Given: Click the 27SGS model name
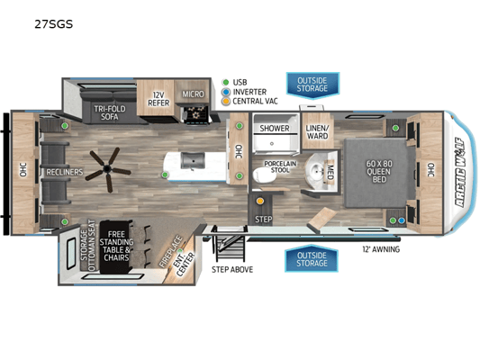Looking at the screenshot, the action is pyautogui.click(x=53, y=24).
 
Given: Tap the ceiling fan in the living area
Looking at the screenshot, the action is pyautogui.click(x=108, y=169).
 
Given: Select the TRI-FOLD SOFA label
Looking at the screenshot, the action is pyautogui.click(x=110, y=112).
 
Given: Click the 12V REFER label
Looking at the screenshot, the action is pyautogui.click(x=158, y=99).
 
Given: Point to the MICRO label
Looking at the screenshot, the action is pyautogui.click(x=193, y=94).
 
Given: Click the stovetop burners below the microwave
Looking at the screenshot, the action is pyautogui.click(x=196, y=113).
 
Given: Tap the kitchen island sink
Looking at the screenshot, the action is pyautogui.click(x=193, y=161).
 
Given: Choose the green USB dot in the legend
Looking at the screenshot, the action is pyautogui.click(x=226, y=82).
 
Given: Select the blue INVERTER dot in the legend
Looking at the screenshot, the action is pyautogui.click(x=226, y=92).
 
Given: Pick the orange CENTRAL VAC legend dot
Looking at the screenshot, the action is pyautogui.click(x=226, y=101).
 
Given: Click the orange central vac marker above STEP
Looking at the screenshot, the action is pyautogui.click(x=260, y=201).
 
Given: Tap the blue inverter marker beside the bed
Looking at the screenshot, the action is pyautogui.click(x=402, y=220).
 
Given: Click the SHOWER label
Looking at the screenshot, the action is pyautogui.click(x=275, y=128).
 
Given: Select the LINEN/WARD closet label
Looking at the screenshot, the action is pyautogui.click(x=317, y=131).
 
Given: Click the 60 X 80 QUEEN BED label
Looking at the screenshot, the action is pyautogui.click(x=379, y=171).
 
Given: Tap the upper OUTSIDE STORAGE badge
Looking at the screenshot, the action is pyautogui.click(x=312, y=85).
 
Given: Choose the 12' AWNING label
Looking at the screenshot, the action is pyautogui.click(x=381, y=249).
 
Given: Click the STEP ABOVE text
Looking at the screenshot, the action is pyautogui.click(x=232, y=269).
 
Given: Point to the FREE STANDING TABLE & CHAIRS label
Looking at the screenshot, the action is pyautogui.click(x=116, y=246).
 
